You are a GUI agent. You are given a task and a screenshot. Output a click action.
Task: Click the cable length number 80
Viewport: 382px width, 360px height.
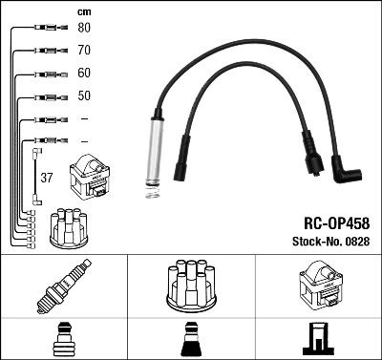[84, 28]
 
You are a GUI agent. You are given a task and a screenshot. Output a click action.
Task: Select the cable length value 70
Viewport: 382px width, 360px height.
[84, 51]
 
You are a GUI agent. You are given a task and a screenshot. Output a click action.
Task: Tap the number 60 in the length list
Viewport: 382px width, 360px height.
[84, 73]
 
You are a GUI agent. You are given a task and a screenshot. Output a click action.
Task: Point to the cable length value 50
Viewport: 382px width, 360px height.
[84, 95]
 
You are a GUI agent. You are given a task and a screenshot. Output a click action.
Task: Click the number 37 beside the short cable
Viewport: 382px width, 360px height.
[47, 178]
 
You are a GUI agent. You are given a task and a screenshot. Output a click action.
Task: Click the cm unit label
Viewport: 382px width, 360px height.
[84, 12]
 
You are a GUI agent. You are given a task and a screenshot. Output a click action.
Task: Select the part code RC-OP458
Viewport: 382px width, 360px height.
[337, 223]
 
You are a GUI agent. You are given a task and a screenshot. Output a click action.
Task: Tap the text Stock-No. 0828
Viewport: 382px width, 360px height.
[331, 242]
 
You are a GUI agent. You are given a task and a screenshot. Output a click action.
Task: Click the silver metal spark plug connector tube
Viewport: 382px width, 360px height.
[155, 151]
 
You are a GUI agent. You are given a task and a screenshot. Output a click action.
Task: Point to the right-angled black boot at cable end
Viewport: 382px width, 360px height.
[346, 170]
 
